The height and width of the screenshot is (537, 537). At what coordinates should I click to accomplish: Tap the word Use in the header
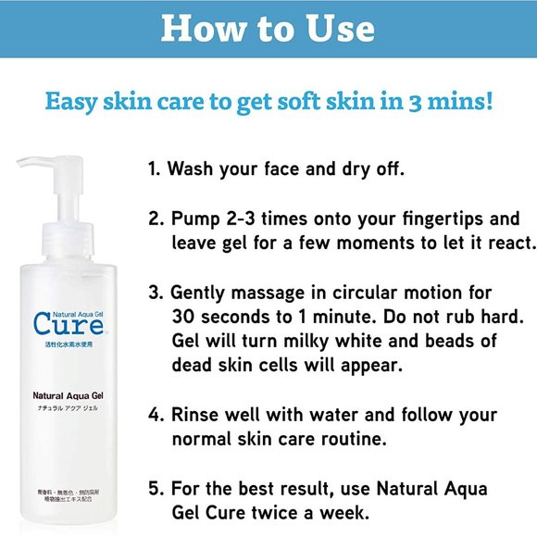(341, 29)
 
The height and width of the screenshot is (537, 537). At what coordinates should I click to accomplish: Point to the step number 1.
(156, 171)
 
